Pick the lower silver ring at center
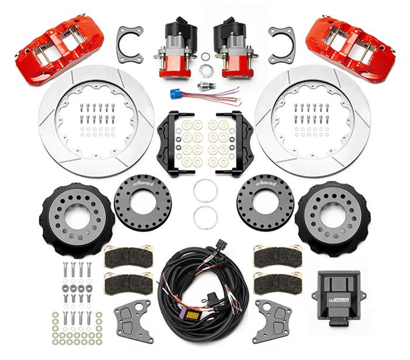coord(205,217)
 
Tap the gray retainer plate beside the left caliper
coord(130,45)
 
